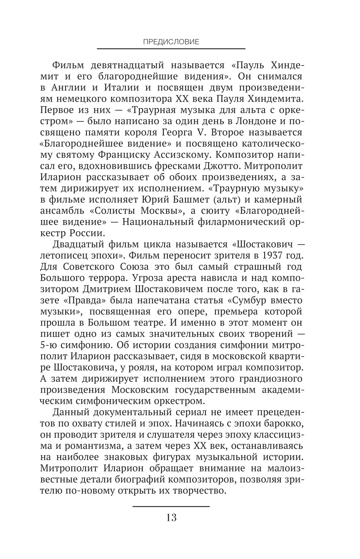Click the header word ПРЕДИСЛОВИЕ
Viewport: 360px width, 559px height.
[171, 41]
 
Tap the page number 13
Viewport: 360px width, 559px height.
[171, 518]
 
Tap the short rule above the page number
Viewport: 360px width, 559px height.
[171, 506]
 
